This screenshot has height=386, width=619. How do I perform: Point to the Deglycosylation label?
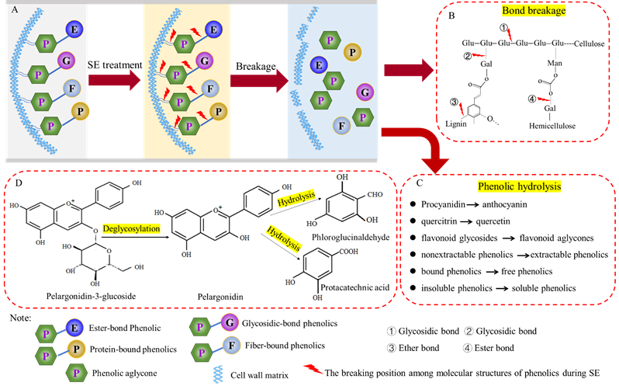pos(131,229)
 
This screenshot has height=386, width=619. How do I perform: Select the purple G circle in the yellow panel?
pos(206,60)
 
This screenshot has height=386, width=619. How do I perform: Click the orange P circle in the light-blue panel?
pos(352,52)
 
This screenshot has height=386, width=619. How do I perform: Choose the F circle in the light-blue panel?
pos(340,125)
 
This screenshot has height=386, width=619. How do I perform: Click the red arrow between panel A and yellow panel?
pos(115,78)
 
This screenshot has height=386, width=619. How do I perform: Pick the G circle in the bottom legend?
pos(228,321)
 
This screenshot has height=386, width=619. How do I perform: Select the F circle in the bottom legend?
pos(228,343)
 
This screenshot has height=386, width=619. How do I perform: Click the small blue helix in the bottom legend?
pos(218,374)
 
